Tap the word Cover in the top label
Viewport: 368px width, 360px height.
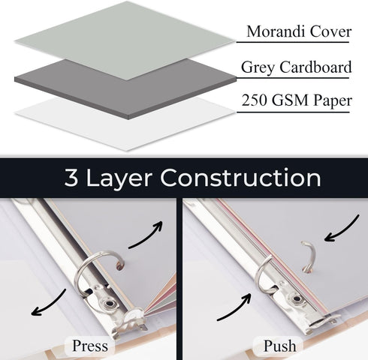click(x=330, y=31)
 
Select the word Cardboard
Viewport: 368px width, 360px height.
click(x=315, y=67)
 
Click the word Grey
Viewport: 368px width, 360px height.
click(x=258, y=68)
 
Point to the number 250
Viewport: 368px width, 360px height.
click(x=255, y=100)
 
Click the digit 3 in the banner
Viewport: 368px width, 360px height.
click(x=71, y=178)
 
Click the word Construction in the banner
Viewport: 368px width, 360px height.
click(x=240, y=178)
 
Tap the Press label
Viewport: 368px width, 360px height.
click(x=90, y=346)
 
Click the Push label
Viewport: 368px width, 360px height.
click(x=279, y=346)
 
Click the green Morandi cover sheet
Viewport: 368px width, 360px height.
click(x=125, y=41)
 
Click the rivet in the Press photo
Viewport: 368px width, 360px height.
click(x=109, y=304)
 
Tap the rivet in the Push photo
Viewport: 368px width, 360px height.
click(x=297, y=298)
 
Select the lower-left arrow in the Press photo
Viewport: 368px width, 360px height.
click(x=47, y=304)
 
